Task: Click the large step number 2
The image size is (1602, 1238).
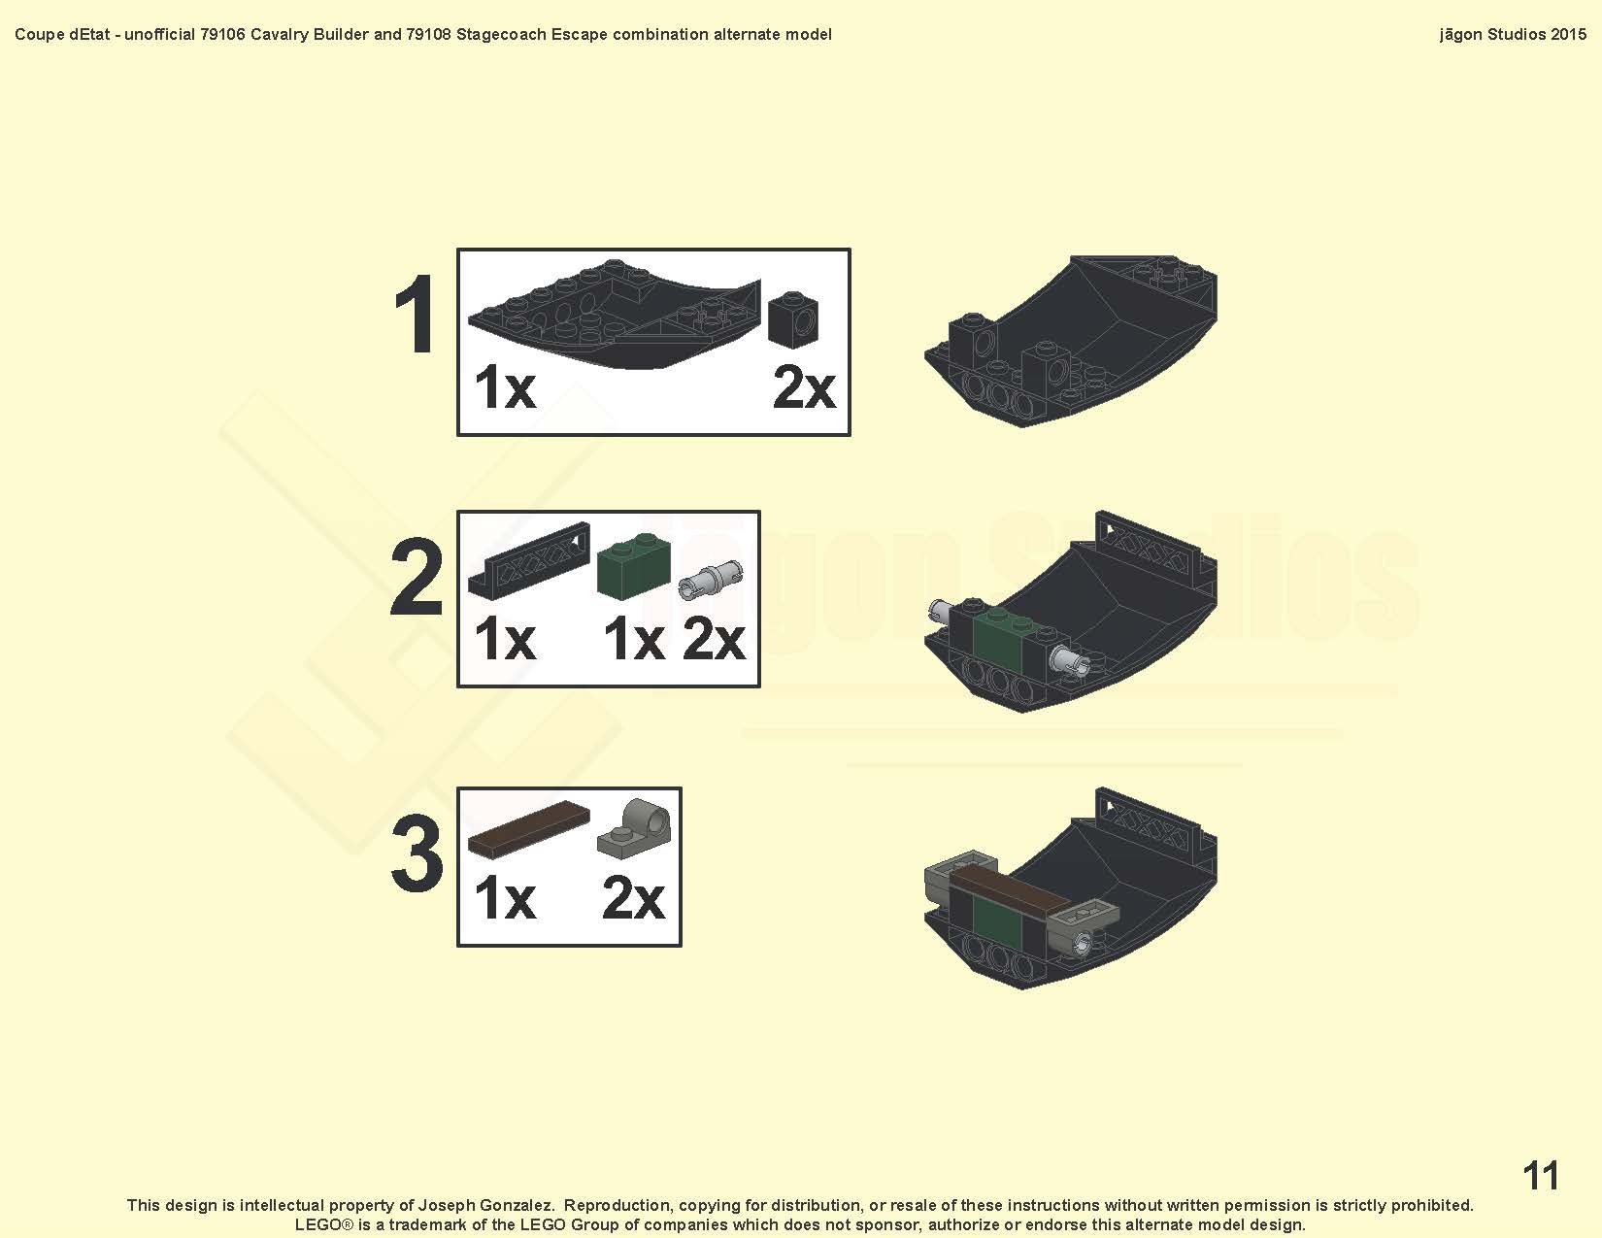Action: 417,577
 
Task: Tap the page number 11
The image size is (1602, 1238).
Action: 1540,1175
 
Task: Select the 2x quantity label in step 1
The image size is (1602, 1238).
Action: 804,387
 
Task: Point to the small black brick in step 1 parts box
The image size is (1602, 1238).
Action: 793,319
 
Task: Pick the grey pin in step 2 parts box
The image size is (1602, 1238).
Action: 710,579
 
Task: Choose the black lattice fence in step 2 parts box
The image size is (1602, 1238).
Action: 528,559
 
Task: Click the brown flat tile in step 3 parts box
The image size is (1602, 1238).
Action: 528,828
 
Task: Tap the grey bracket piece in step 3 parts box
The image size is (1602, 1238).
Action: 634,829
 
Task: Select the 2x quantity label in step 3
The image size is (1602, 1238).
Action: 632,898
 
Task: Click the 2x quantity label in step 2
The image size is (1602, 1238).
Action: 713,639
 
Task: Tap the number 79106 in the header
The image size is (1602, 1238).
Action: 222,34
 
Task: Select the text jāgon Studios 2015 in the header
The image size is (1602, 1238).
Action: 1513,34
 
